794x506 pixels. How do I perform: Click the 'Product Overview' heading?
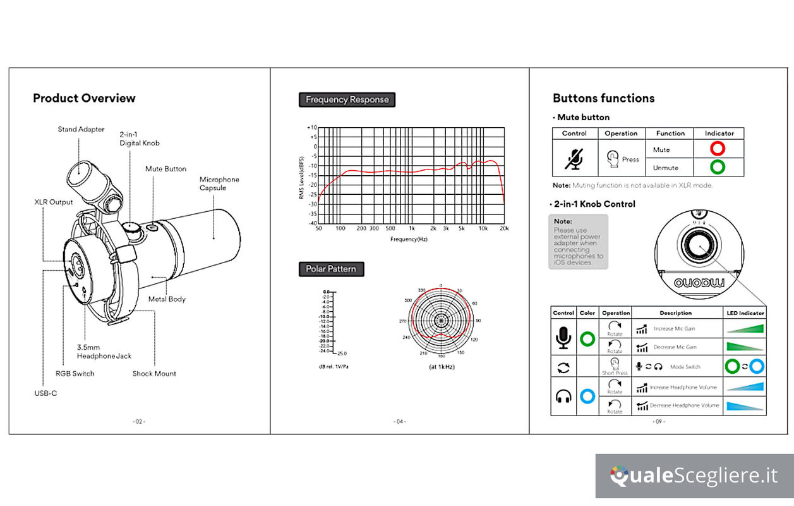pyautogui.click(x=84, y=98)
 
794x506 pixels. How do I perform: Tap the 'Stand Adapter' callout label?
pyautogui.click(x=81, y=130)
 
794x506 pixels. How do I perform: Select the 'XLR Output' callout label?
pyautogui.click(x=53, y=202)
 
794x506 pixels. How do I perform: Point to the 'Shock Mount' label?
pyautogui.click(x=154, y=374)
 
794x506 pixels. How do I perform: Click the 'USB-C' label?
pyautogui.click(x=45, y=393)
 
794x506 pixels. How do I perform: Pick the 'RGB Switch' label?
pyautogui.click(x=74, y=374)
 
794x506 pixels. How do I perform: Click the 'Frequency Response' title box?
pyautogui.click(x=347, y=99)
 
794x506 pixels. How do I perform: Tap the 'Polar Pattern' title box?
pyautogui.click(x=331, y=269)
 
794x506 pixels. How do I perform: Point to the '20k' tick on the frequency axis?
pyautogui.click(x=504, y=228)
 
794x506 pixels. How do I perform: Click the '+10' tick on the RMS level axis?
pyautogui.click(x=311, y=128)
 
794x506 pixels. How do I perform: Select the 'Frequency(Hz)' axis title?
pyautogui.click(x=409, y=239)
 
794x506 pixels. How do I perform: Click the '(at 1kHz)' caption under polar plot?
pyautogui.click(x=442, y=367)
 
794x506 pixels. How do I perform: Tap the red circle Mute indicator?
pyautogui.click(x=718, y=149)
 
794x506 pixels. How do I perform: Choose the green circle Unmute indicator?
pyautogui.click(x=718, y=167)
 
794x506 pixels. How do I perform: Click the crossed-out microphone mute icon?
pyautogui.click(x=574, y=159)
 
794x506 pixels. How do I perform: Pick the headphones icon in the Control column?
pyautogui.click(x=563, y=397)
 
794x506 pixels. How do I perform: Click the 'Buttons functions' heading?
pyautogui.click(x=603, y=98)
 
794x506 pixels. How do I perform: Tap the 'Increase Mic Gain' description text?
pyautogui.click(x=675, y=329)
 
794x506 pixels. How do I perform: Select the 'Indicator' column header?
pyautogui.click(x=719, y=133)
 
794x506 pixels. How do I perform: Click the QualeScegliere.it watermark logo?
pyautogui.click(x=694, y=476)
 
